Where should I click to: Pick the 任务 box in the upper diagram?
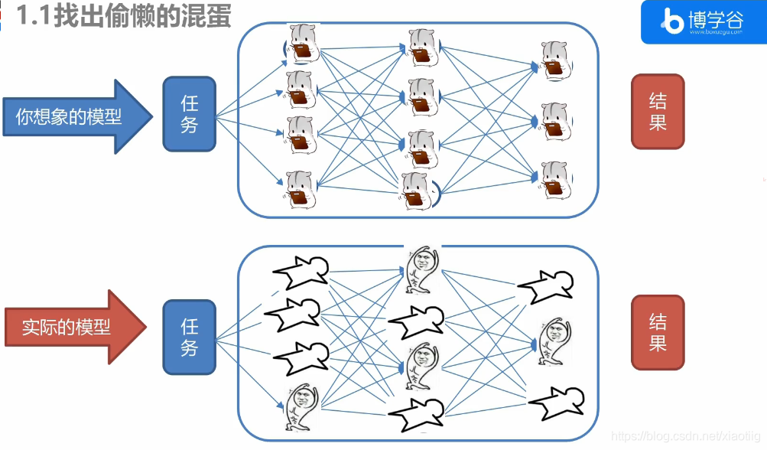(190, 113)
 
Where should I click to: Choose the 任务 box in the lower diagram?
(190, 337)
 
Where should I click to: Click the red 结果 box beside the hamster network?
(658, 112)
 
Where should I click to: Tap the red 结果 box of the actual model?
(658, 332)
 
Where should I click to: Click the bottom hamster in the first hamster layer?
(301, 188)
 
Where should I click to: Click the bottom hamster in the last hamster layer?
(555, 178)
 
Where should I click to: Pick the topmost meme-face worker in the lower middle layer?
(420, 268)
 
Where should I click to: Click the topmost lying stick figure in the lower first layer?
(301, 272)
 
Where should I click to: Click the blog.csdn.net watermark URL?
(687, 435)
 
